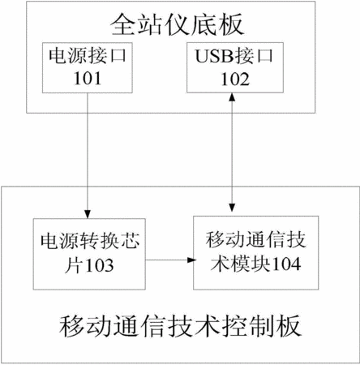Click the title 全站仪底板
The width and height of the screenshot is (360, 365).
click(x=178, y=25)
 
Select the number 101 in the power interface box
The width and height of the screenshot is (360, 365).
click(x=88, y=79)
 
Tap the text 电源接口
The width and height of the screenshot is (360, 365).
click(x=88, y=55)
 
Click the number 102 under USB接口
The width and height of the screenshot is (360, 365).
click(x=235, y=79)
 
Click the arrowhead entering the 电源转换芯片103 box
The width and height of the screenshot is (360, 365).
click(x=88, y=214)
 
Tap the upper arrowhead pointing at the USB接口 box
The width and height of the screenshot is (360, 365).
click(x=232, y=97)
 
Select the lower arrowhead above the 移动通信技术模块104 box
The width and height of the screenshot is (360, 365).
click(x=232, y=208)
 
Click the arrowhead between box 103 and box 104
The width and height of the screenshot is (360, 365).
click(x=191, y=260)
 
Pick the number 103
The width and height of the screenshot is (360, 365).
click(x=99, y=265)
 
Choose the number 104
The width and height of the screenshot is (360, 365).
click(x=286, y=264)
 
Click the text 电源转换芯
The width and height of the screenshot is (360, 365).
click(x=90, y=241)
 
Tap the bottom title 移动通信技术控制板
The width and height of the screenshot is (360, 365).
click(x=180, y=326)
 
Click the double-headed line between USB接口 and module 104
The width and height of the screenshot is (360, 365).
click(x=232, y=152)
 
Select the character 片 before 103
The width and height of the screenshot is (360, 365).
click(x=74, y=265)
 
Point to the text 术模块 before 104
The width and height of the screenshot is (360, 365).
click(x=241, y=264)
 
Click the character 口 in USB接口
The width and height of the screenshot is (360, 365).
click(x=265, y=56)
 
